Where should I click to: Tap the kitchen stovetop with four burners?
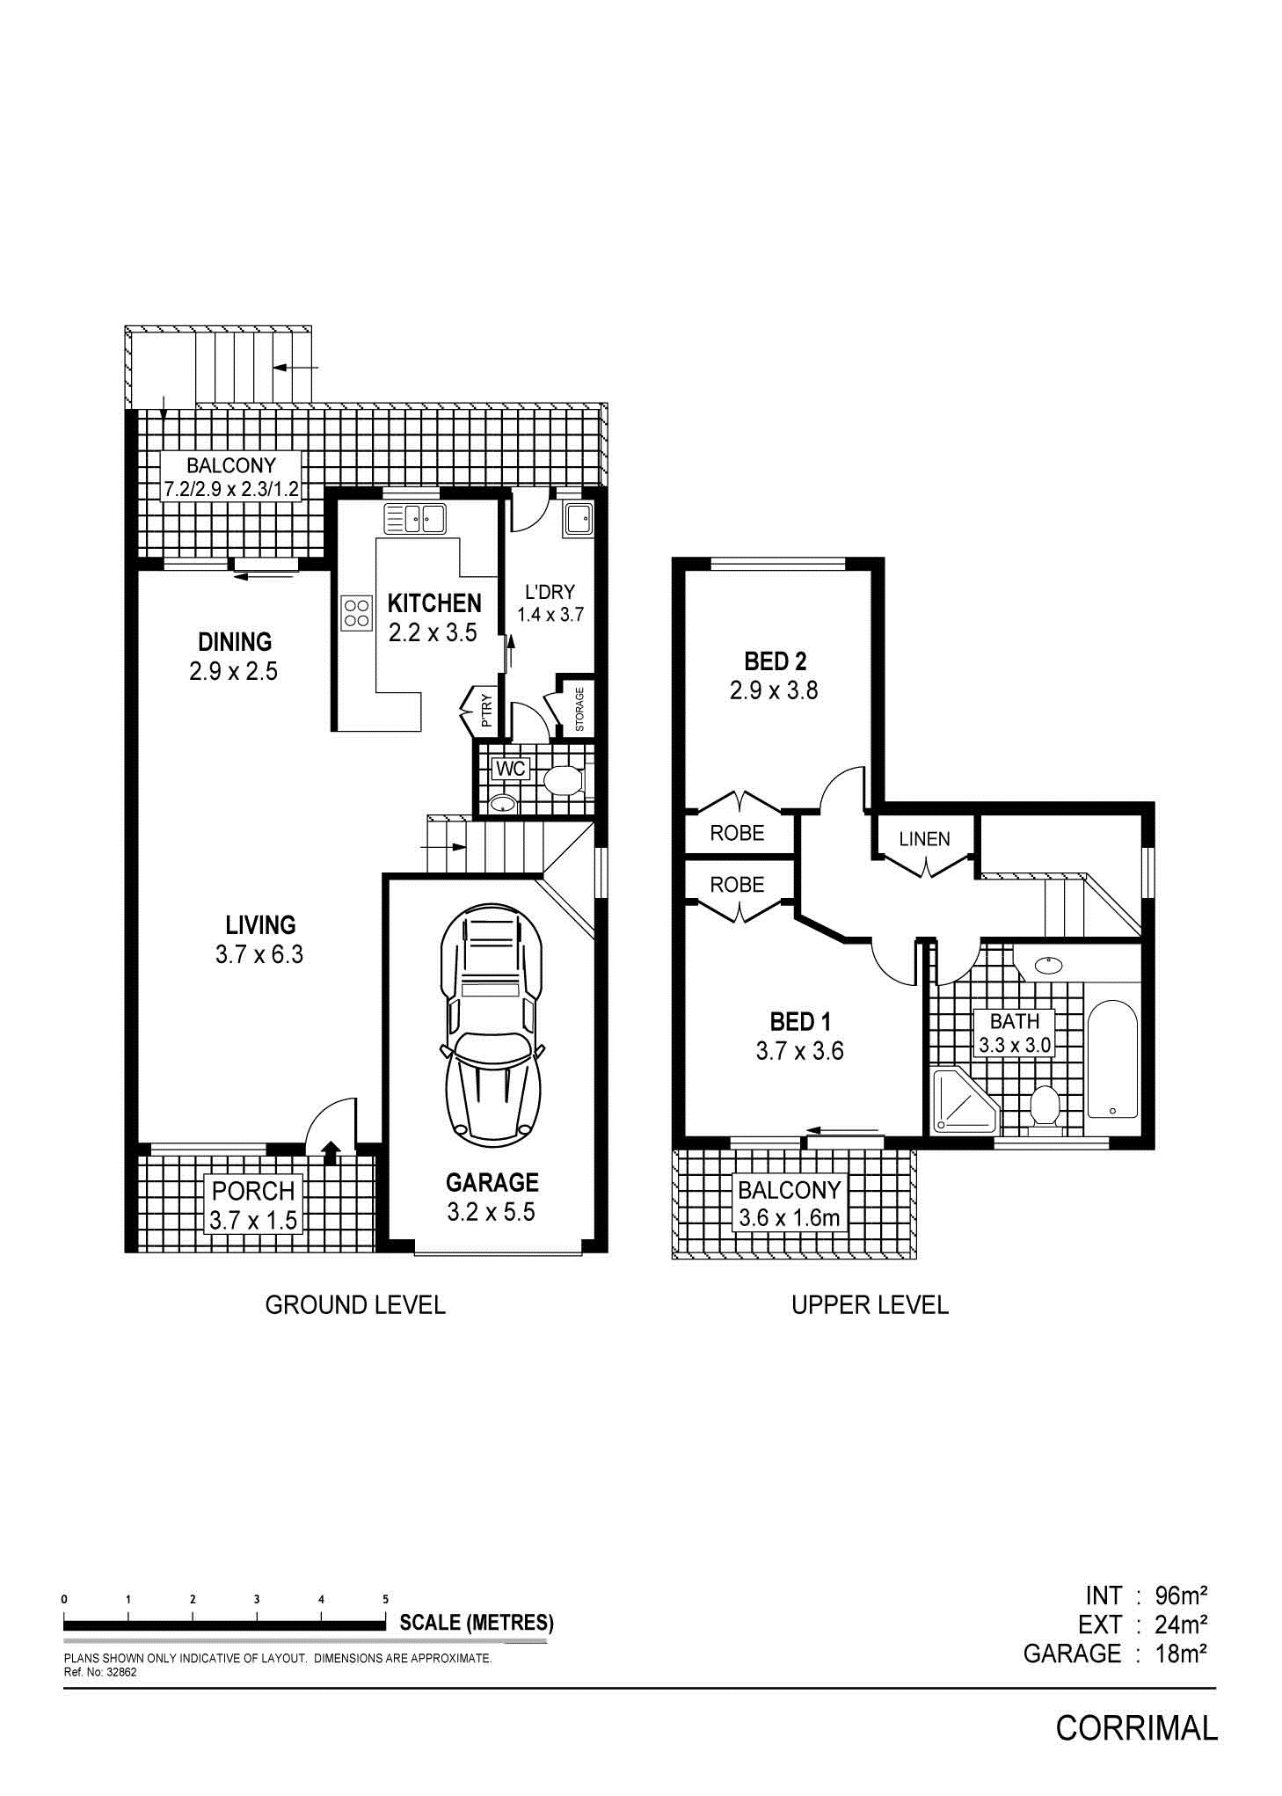(356, 612)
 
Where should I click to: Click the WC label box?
(510, 770)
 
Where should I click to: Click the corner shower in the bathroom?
(965, 1099)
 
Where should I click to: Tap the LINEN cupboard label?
(924, 839)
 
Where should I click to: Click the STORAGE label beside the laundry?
(579, 709)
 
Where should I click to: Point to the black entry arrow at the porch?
(331, 1152)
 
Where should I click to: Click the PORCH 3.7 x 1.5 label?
(253, 1205)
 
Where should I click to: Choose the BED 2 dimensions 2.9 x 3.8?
(774, 690)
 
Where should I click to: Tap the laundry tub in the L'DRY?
(579, 519)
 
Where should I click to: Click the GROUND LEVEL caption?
(355, 1304)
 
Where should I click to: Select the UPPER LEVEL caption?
(870, 1304)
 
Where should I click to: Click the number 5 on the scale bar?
(385, 1599)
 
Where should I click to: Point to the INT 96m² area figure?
(1146, 1596)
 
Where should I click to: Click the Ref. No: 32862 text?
(101, 1672)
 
